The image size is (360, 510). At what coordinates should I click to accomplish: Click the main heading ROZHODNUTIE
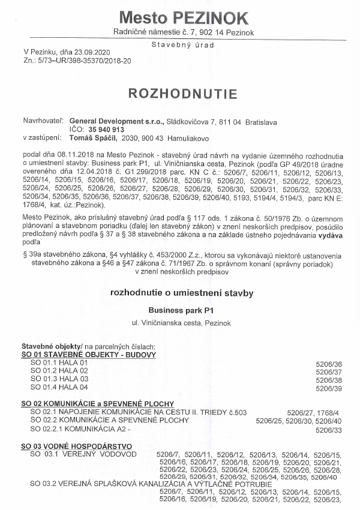[x=182, y=94]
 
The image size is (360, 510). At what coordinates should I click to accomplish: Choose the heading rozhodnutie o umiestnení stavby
[x=182, y=293]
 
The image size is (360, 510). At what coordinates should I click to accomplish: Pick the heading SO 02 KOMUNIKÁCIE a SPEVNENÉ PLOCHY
[x=97, y=404]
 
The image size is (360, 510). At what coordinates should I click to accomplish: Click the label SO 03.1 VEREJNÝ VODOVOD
[x=81, y=455]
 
